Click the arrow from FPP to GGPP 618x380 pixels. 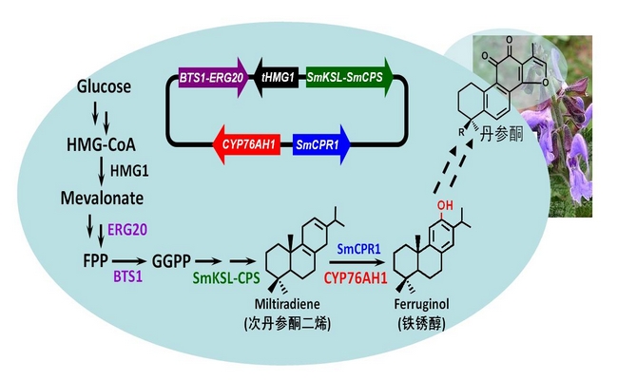(125, 257)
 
